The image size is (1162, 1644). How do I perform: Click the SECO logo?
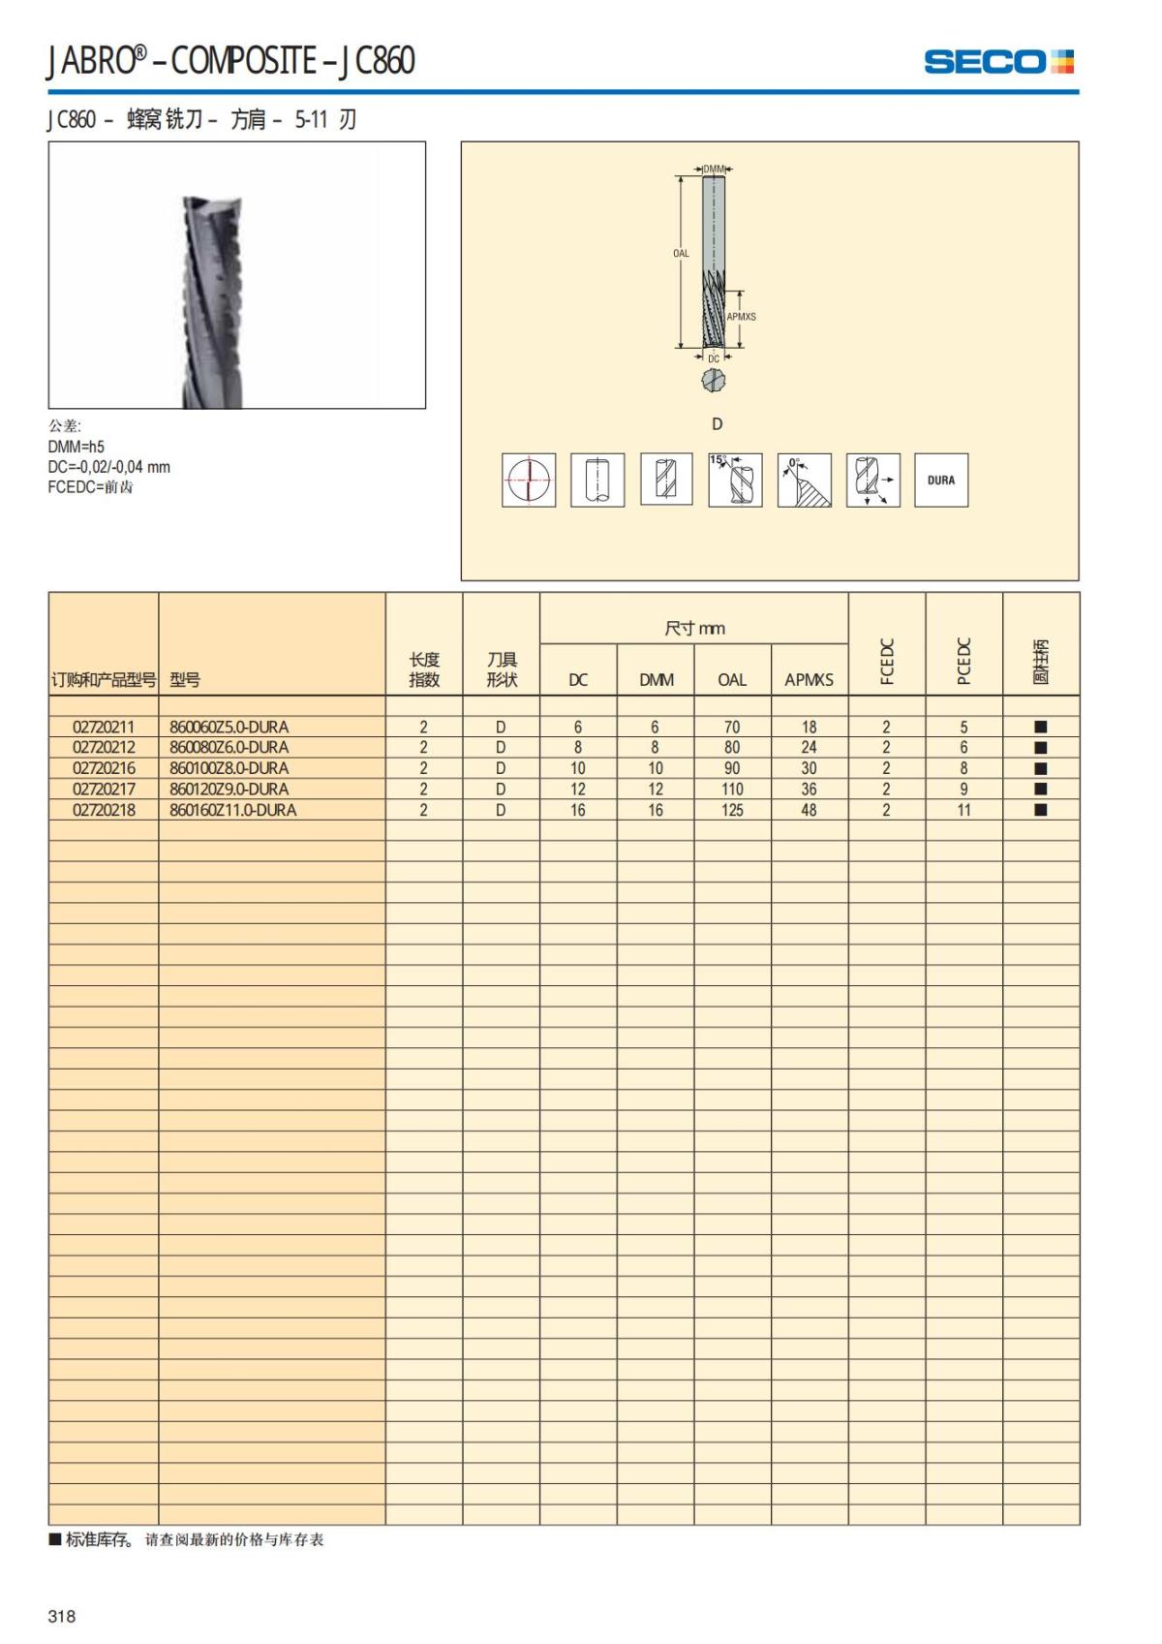click(998, 62)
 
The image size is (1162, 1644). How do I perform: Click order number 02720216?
click(104, 768)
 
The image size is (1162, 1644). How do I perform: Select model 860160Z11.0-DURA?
click(233, 810)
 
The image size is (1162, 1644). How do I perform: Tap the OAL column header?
click(732, 680)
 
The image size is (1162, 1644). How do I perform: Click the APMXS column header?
click(809, 680)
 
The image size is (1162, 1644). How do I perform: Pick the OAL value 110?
click(732, 790)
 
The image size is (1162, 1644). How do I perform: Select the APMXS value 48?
click(809, 810)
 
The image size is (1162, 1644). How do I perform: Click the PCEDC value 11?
click(963, 810)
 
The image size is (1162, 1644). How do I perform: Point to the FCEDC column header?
click(886, 661)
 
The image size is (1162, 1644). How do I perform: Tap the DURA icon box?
click(940, 480)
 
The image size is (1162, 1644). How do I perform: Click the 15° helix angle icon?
click(735, 480)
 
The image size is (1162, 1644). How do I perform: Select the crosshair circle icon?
click(529, 480)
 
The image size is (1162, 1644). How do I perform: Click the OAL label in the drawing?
click(681, 254)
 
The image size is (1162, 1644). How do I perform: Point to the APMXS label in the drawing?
click(742, 317)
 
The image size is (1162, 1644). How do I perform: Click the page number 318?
click(62, 1616)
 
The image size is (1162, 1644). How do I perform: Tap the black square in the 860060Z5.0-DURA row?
click(1041, 727)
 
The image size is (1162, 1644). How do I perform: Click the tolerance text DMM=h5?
click(76, 447)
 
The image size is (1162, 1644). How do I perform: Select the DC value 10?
click(578, 768)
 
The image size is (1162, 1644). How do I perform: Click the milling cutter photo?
click(236, 275)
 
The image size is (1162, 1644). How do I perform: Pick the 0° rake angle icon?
click(804, 480)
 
